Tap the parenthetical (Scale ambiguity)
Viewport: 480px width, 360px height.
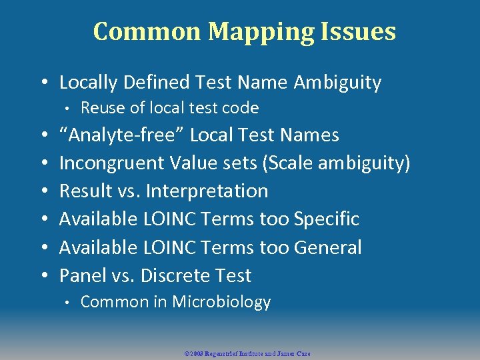(x=340, y=163)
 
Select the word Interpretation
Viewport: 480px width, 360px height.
(x=207, y=191)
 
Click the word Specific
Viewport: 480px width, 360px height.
(x=326, y=219)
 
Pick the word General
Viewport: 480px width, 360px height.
(x=327, y=247)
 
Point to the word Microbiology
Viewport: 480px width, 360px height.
(x=221, y=302)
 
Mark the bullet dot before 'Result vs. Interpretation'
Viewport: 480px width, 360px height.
(x=44, y=191)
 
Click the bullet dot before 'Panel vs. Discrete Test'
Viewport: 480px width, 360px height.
(x=44, y=275)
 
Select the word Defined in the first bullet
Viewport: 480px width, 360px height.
(x=157, y=83)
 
